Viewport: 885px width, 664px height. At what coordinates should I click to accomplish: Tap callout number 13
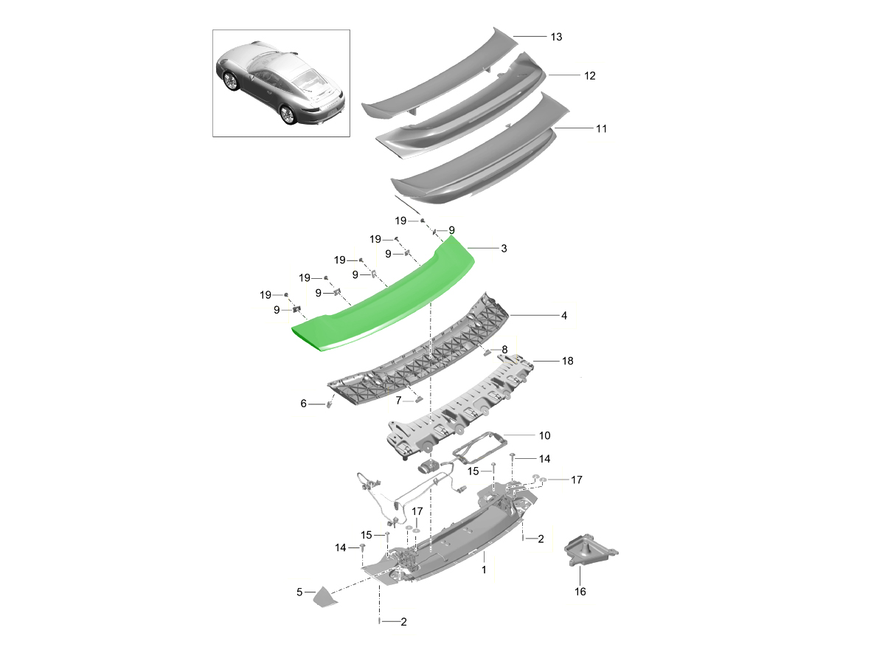pos(556,37)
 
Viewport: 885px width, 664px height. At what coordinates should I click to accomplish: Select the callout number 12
pos(589,76)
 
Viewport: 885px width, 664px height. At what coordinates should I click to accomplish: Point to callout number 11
pos(601,128)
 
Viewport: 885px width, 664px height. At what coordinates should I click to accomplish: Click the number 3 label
pos(504,249)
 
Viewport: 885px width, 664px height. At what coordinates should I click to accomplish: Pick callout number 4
pos(564,316)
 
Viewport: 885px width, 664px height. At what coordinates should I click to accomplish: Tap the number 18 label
pos(567,361)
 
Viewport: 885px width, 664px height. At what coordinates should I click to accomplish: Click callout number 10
pos(544,435)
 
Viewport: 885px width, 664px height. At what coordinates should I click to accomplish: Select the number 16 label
pos(580,592)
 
